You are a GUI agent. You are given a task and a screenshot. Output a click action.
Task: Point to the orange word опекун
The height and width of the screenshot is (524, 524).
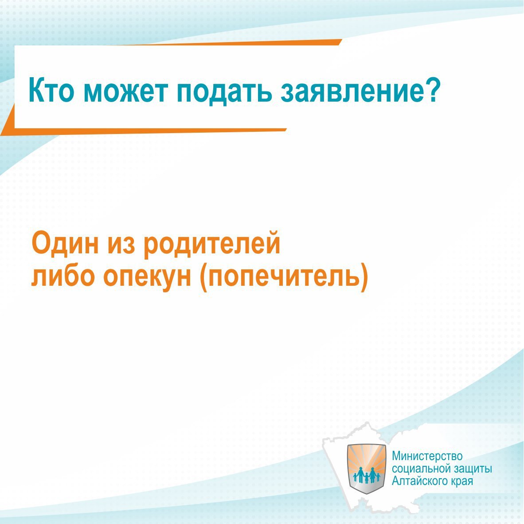147,279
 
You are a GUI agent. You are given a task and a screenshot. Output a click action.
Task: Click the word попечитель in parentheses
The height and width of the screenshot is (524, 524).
284,278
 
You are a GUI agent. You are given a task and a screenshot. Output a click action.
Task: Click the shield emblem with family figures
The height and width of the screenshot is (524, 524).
367,469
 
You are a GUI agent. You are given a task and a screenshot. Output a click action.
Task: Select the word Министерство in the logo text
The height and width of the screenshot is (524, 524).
427,456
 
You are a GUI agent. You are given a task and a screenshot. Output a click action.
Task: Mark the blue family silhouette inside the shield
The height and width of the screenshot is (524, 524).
367,476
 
